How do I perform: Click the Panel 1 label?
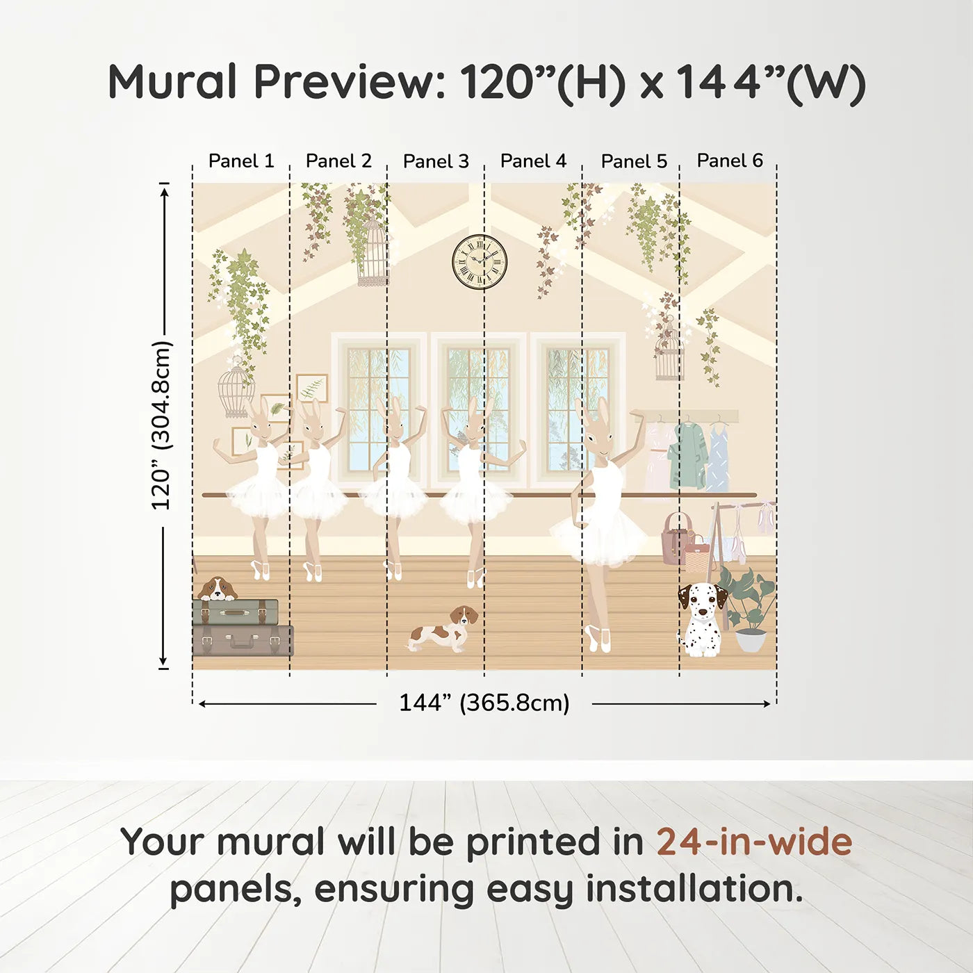click(x=241, y=161)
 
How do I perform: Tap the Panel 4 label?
click(x=533, y=161)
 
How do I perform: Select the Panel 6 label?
click(x=730, y=161)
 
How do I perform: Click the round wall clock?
click(x=479, y=262)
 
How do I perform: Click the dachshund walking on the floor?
click(x=443, y=629)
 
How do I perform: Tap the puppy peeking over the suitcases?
click(x=218, y=589)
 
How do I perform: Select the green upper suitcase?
click(x=236, y=612)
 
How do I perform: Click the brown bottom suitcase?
click(x=243, y=640)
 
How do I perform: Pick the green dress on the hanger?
click(x=687, y=455)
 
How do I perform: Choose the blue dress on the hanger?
click(x=717, y=457)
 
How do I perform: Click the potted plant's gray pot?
click(x=751, y=640)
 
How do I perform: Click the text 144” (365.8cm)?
click(x=484, y=703)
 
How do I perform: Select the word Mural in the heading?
click(x=172, y=82)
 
